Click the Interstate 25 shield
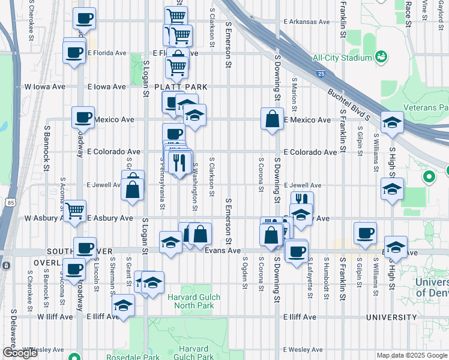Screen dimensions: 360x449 pos(321,74)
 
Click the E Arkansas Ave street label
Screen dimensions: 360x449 pos(307,22)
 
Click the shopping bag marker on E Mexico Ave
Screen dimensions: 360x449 pos(272,119)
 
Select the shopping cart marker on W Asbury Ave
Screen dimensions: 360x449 pos(74,211)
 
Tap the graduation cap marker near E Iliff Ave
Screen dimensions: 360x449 pos(124,307)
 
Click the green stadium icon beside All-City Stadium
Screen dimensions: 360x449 pos(380,57)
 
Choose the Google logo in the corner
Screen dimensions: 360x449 pos(20,353)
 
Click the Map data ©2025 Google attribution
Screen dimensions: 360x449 pos(412,355)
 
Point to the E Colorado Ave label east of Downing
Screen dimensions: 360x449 pos(310,152)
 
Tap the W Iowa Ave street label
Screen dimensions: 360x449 pos(44,87)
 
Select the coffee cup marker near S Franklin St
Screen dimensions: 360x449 pos(365,233)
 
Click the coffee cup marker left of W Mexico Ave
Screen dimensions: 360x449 pos(83,118)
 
